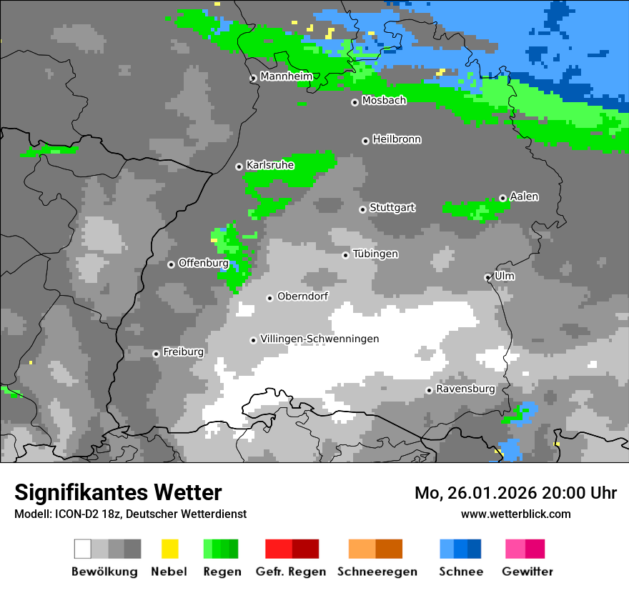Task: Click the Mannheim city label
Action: click(x=286, y=76)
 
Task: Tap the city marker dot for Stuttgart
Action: click(x=363, y=209)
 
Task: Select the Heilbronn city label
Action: click(x=397, y=139)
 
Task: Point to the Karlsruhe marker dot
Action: click(x=239, y=166)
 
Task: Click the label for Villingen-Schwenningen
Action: click(x=320, y=339)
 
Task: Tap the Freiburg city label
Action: click(x=183, y=352)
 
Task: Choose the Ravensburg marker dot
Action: click(x=429, y=390)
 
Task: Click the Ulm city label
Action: click(x=504, y=276)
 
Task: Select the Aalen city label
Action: click(x=524, y=196)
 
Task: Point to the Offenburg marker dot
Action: click(x=172, y=264)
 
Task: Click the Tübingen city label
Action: click(x=375, y=254)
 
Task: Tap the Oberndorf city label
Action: click(x=302, y=296)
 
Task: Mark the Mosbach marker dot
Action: click(x=355, y=102)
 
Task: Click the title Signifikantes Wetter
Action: click(x=118, y=492)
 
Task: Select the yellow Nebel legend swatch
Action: click(x=169, y=549)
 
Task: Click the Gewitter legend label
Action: click(x=527, y=572)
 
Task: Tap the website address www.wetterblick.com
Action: click(x=515, y=514)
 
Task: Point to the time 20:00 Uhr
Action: click(x=580, y=493)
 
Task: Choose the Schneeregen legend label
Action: click(x=377, y=572)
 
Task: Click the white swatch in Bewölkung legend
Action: click(x=83, y=549)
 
